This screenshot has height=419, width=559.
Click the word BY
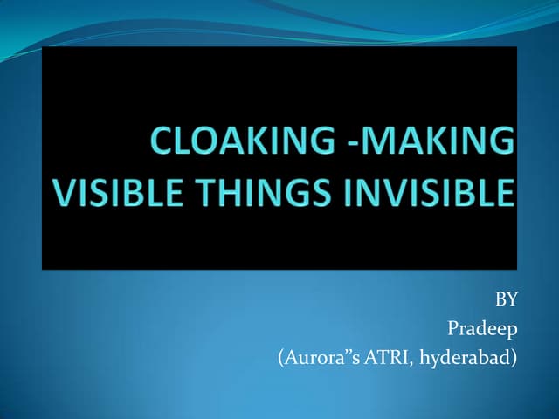507,300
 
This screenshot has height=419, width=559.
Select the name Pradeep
483,329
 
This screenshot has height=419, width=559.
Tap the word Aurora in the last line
307,358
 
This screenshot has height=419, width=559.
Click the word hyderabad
460,358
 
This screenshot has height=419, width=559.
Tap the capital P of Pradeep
452,329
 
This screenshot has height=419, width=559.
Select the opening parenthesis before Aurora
279,358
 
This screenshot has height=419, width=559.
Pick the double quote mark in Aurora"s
337,353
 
